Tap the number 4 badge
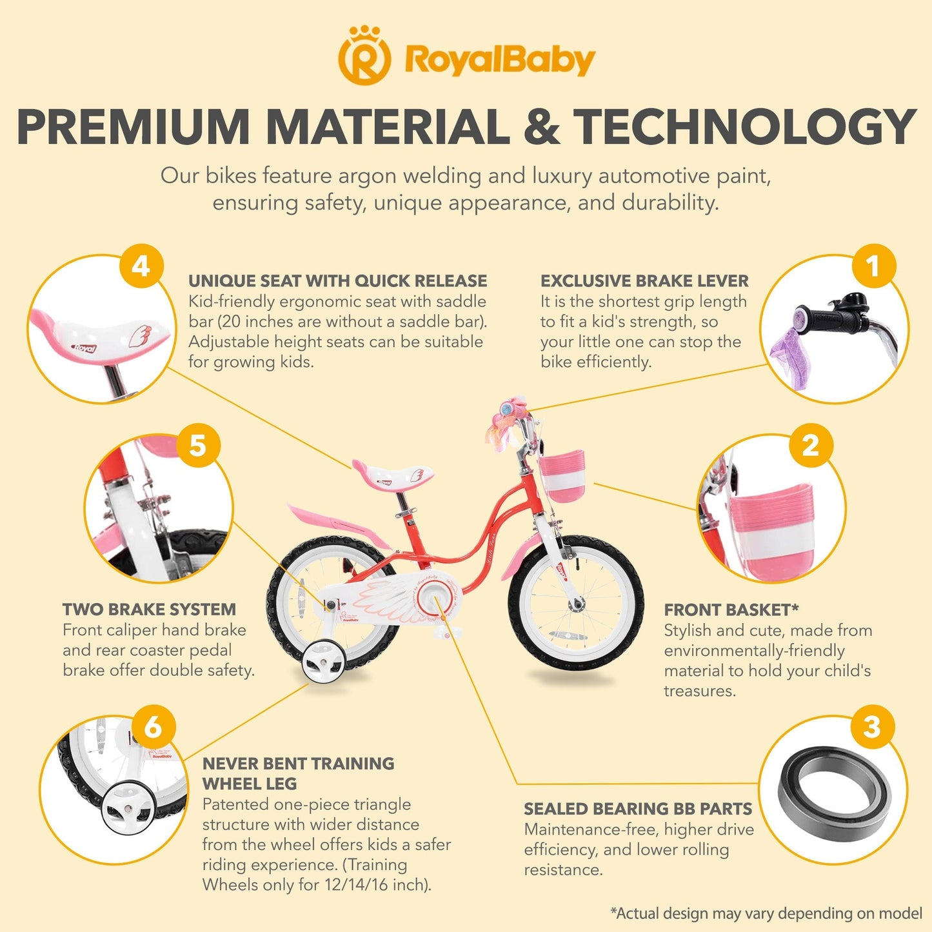(x=141, y=266)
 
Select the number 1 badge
(x=873, y=266)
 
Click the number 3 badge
(x=872, y=727)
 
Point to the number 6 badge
(x=153, y=727)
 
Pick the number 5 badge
(x=198, y=445)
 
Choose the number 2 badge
(x=811, y=445)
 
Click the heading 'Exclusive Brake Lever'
(x=644, y=281)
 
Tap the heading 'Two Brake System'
(x=150, y=610)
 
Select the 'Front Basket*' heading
(x=731, y=610)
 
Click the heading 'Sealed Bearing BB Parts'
(x=638, y=809)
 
